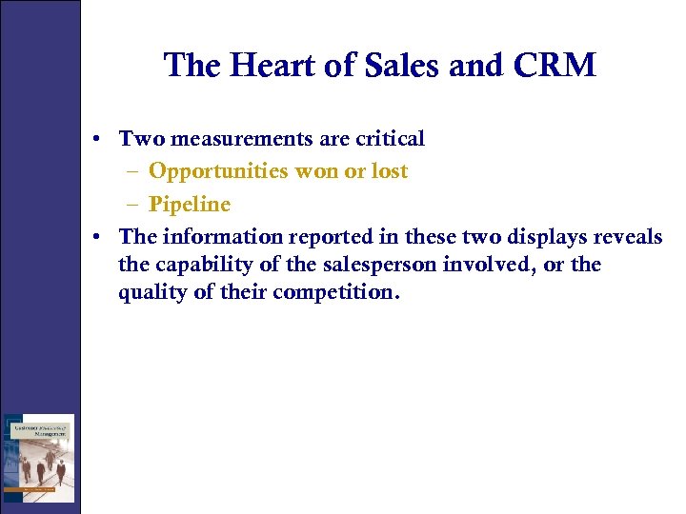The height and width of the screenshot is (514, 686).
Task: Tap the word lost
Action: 387,171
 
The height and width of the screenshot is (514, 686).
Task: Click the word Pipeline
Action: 190,205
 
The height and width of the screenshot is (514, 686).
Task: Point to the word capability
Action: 220,265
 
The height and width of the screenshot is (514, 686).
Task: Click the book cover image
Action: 38,458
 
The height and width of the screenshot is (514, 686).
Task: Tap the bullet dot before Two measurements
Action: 99,140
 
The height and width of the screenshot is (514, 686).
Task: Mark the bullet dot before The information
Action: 99,238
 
